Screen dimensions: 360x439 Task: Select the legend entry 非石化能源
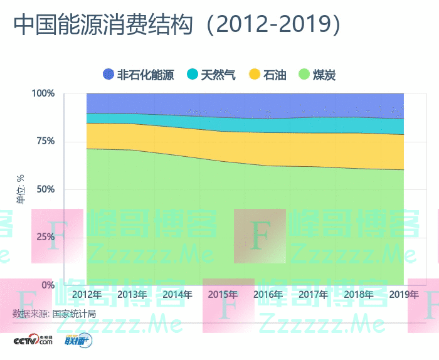coord(145,75)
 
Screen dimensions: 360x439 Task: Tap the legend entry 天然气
coord(218,75)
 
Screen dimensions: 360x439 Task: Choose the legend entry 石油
coord(275,75)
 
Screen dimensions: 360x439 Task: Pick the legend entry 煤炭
coord(324,75)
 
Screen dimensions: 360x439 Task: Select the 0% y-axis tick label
coord(48,285)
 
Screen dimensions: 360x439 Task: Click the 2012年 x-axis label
coord(87,295)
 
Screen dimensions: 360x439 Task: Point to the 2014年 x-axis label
coord(177,295)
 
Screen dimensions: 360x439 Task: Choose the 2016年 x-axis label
coord(268,295)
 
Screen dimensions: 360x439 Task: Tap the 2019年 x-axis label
coord(403,295)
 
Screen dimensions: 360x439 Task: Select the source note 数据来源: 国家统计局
coord(54,314)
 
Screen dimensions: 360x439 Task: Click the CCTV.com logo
coord(34,341)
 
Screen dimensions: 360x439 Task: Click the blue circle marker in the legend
coord(108,75)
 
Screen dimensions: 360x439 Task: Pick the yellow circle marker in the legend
coord(254,75)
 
